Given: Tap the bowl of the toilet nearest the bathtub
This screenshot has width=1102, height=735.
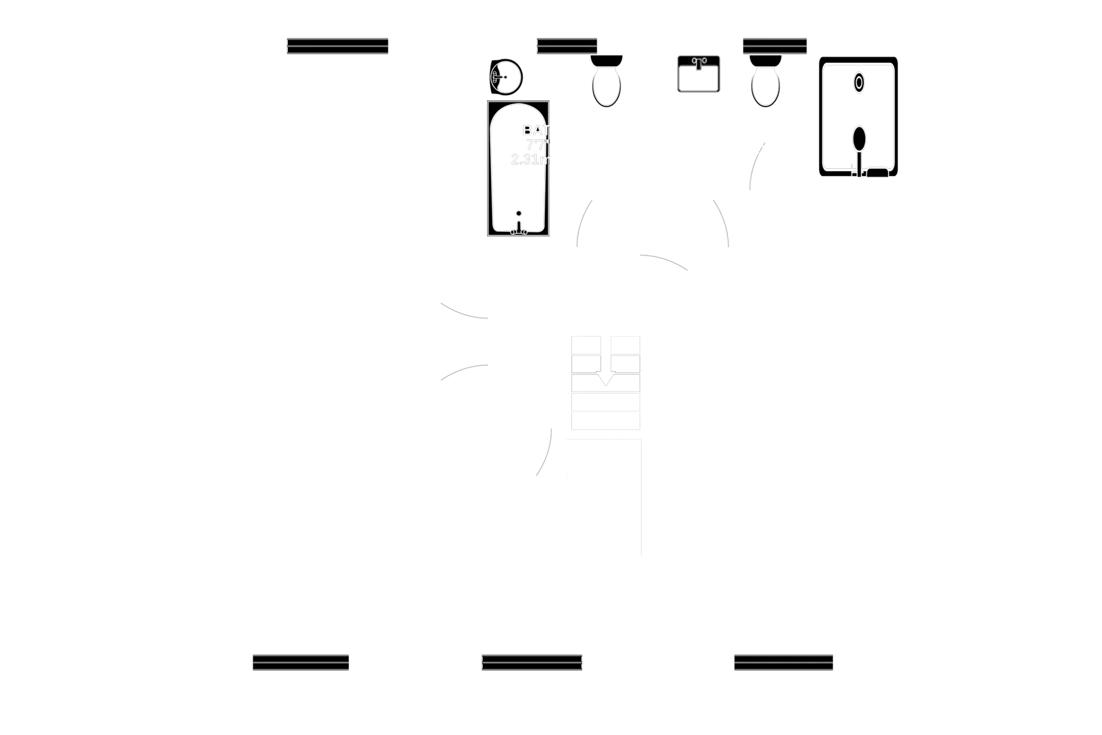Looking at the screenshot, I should point(606,86).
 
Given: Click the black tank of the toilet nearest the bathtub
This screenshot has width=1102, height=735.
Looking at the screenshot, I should point(606,60).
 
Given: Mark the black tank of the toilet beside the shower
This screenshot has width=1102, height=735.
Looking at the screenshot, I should point(766,60).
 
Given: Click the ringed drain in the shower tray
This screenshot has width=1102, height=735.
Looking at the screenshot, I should point(859,83).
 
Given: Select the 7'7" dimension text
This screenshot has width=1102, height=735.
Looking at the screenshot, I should point(538,145).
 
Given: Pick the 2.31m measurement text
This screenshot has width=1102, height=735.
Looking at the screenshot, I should point(530,160).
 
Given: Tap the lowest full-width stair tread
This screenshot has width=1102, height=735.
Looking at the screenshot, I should point(605,421).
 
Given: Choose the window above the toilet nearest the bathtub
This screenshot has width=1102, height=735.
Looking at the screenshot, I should point(567,45).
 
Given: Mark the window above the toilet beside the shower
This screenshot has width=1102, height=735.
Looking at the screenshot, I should point(775,45).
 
